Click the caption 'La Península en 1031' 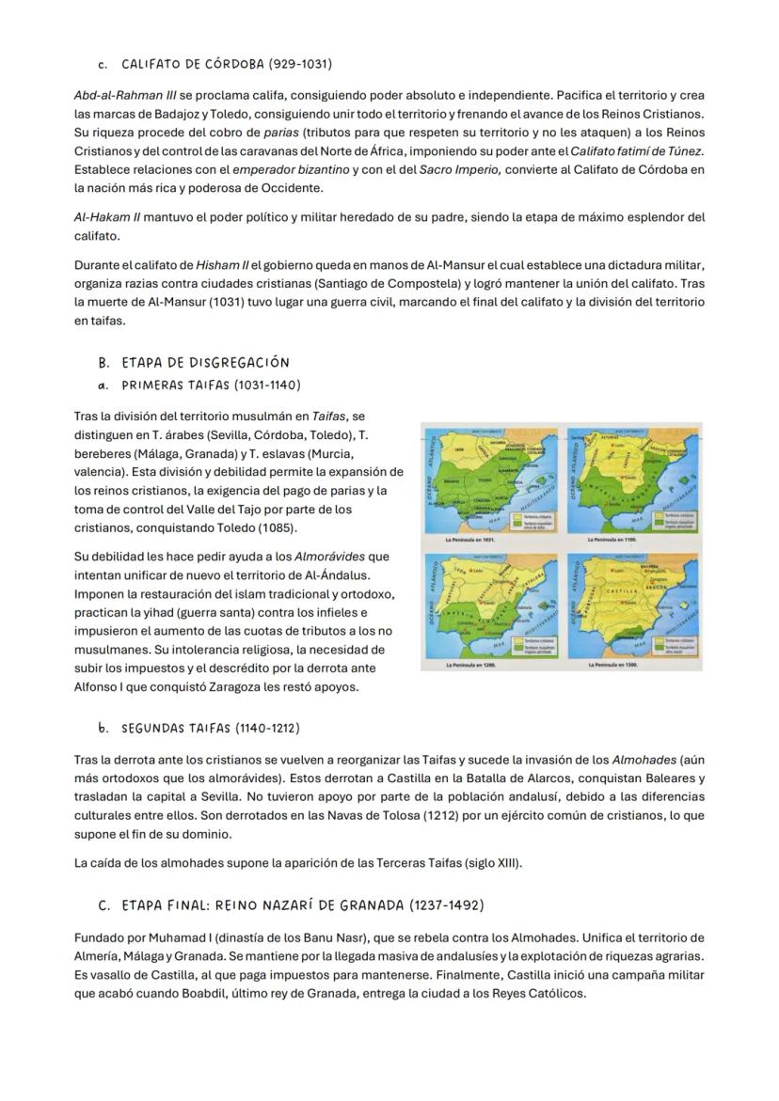pos(470,541)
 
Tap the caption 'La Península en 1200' pos(470,666)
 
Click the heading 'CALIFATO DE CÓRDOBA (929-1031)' pos(226,65)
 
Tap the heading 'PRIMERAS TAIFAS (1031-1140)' pos(211,385)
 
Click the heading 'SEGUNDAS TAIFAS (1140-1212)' pos(211,728)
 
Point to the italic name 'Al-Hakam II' pos(107,217)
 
